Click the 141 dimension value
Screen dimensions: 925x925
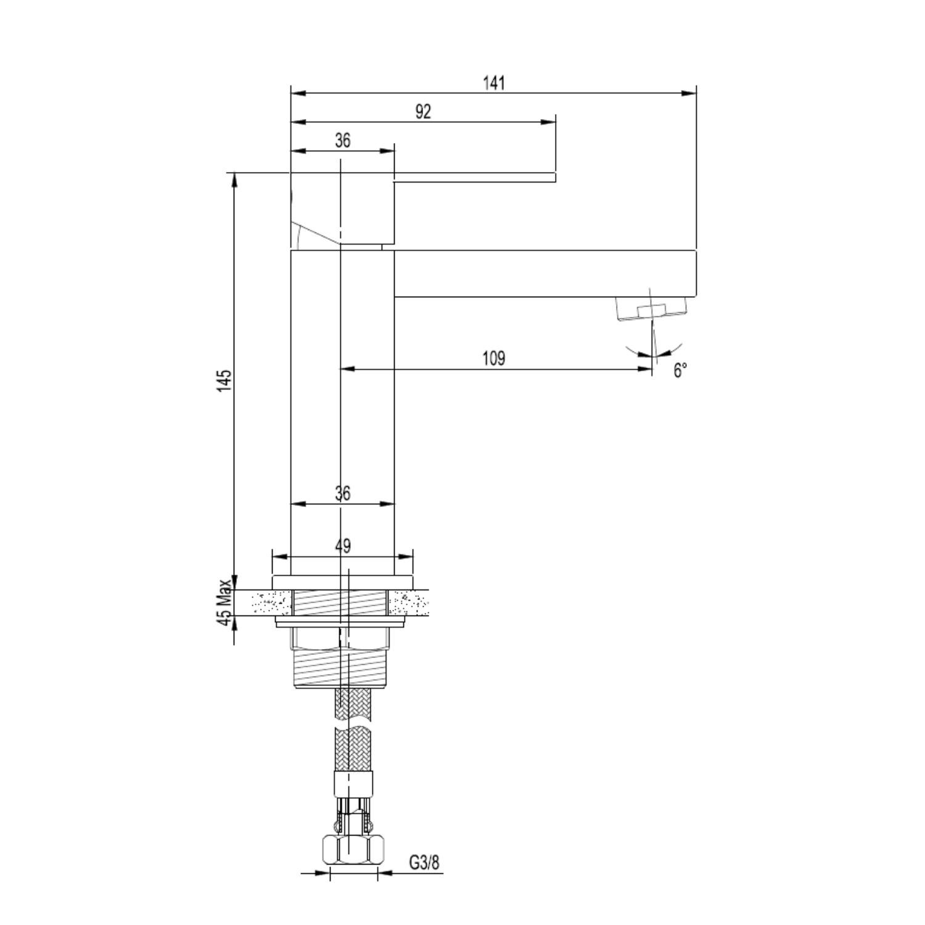493,83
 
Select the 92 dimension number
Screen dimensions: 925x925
423,112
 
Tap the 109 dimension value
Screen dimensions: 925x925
493,358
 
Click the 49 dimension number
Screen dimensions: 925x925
343,546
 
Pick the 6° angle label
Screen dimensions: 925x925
680,371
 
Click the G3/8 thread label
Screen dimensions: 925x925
425,862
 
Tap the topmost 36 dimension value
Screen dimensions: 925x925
343,141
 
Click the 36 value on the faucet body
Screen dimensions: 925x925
343,493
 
